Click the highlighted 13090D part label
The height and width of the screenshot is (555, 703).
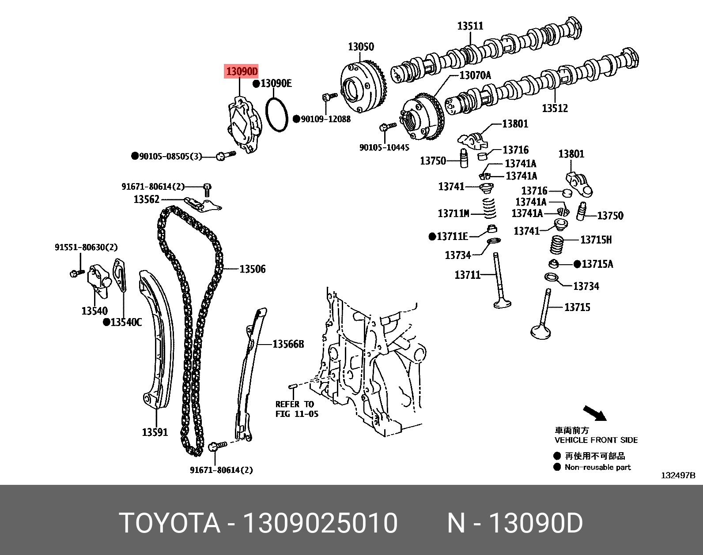point(241,71)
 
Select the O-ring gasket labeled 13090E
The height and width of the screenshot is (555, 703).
point(277,115)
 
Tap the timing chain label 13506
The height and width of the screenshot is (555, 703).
point(252,269)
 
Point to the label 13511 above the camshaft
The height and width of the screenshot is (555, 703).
point(470,26)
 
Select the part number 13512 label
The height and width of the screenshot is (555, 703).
point(555,108)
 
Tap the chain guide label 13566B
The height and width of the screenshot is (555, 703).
point(288,344)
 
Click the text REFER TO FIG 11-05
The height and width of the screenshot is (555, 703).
point(296,409)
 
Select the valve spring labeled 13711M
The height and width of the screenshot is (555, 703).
point(489,208)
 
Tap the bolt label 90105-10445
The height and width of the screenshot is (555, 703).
point(384,147)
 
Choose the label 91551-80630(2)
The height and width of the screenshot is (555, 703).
point(86,247)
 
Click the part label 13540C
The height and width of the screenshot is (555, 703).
point(126,322)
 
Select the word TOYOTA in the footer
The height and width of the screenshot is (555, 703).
point(170,523)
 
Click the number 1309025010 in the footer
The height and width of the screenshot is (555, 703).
point(320,523)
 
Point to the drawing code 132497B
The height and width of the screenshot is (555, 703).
point(678,475)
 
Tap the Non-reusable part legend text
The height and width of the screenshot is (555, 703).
point(597,467)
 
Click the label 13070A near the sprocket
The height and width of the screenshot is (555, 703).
point(475,75)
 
